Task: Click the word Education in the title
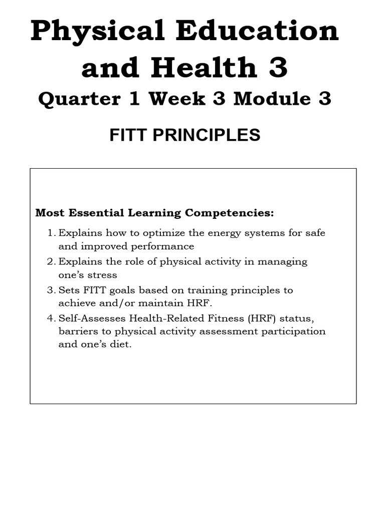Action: pos(256,31)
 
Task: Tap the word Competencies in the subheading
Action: pos(230,213)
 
